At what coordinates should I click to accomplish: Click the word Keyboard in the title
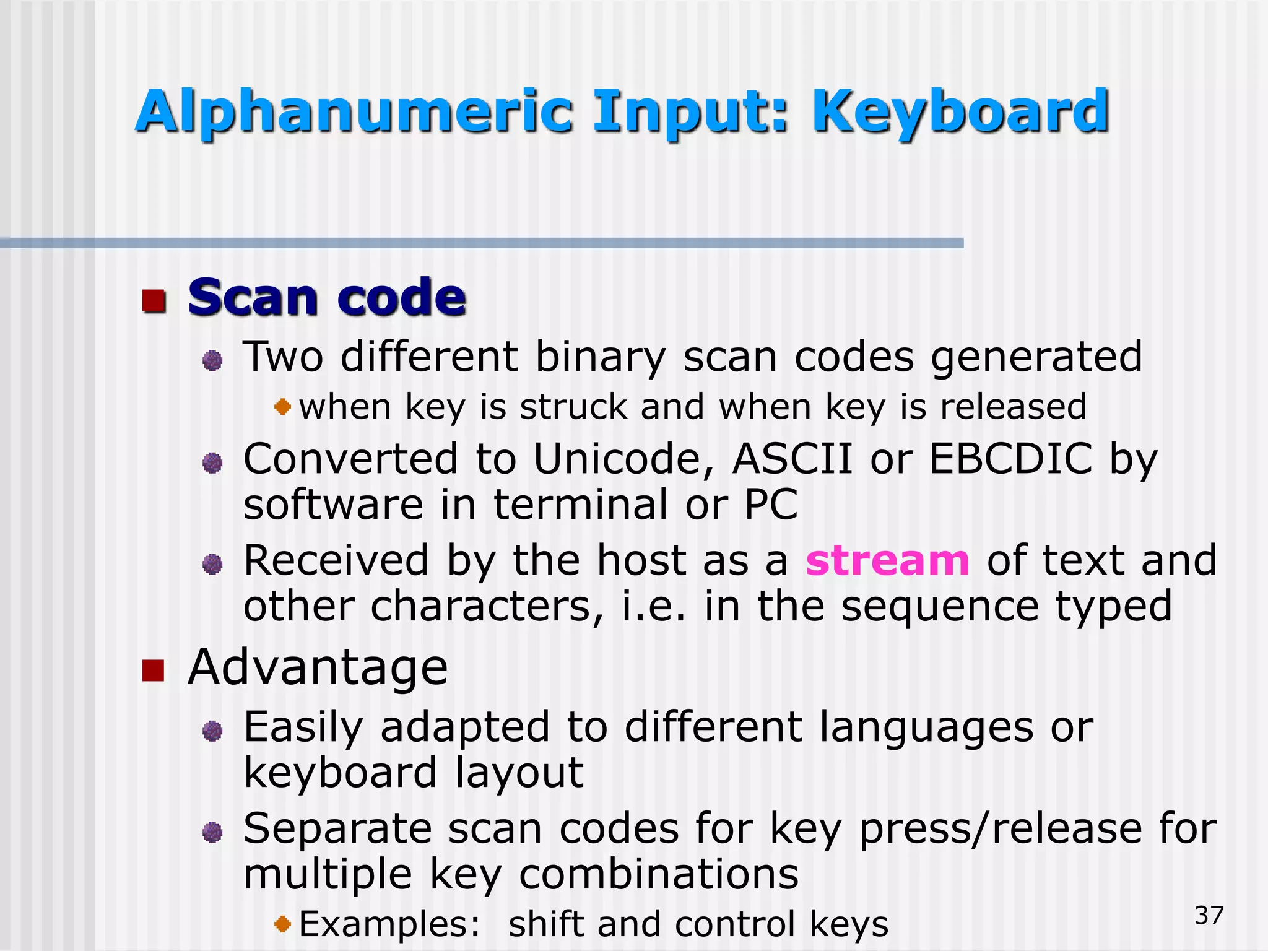point(960,113)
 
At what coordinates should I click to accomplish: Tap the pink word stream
point(887,560)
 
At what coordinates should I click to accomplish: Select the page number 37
point(1209,916)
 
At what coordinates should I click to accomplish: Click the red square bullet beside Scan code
point(154,301)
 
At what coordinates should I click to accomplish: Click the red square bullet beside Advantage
point(153,670)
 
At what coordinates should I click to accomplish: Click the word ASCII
point(792,459)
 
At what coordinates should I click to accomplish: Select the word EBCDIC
point(1011,459)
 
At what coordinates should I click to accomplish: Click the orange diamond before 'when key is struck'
point(282,407)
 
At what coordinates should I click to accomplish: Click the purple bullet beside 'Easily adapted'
point(212,731)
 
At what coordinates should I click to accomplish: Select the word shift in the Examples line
point(545,924)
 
